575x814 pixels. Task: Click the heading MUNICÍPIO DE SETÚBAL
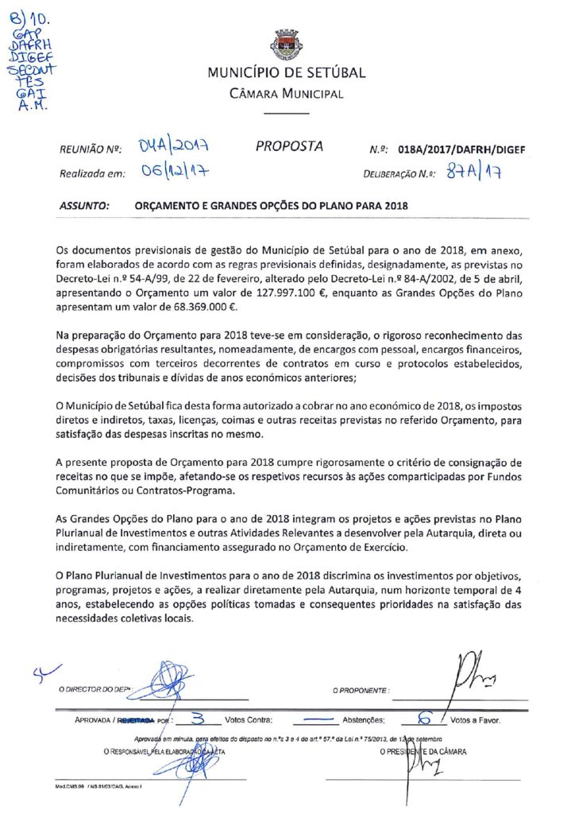click(x=287, y=73)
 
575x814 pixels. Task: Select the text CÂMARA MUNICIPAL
click(x=287, y=94)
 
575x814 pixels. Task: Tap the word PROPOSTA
click(x=290, y=146)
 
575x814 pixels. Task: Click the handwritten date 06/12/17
click(x=169, y=172)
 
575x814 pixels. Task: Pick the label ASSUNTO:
click(x=84, y=205)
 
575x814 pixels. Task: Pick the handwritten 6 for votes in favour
click(x=424, y=719)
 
